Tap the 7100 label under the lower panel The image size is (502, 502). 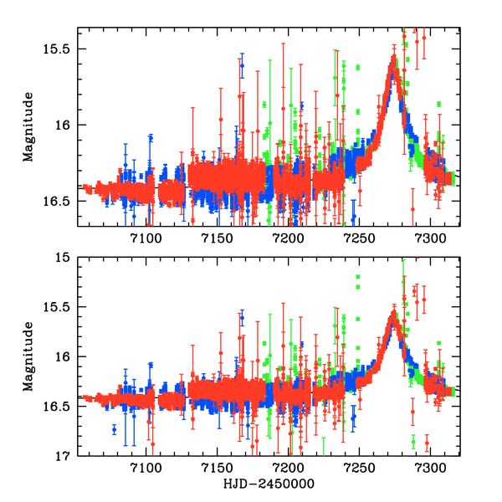[146, 471]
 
